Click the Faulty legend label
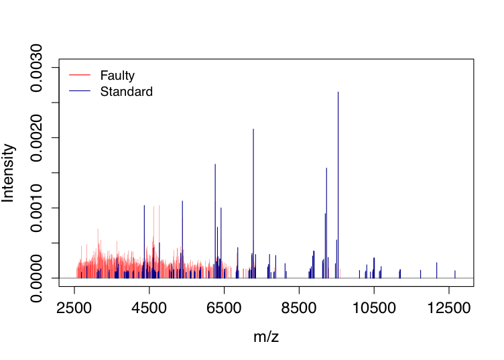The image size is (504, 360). point(117,76)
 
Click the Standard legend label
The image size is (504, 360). point(126,91)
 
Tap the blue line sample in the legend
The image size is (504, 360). point(78,91)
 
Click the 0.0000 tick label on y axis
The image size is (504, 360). point(38,278)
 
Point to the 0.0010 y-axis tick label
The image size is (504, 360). point(38,208)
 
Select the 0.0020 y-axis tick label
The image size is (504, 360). point(38,137)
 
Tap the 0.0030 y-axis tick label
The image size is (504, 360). point(38,68)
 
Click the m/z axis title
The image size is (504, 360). point(266,337)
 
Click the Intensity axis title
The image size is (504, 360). point(9,172)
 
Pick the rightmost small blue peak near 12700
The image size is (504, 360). point(455,274)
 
